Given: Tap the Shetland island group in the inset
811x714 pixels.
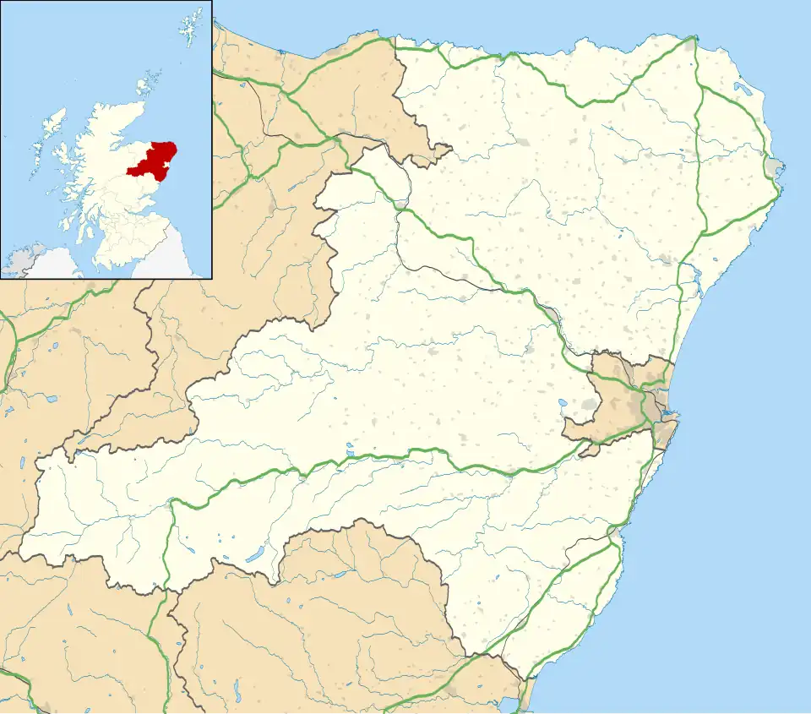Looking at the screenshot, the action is (188, 29).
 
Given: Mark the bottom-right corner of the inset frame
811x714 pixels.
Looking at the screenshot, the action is (210, 277).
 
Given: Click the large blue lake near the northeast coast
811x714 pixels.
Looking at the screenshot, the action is (743, 87).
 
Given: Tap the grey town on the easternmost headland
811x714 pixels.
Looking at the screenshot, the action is (776, 165).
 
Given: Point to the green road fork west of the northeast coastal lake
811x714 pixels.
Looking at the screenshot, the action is (698, 85).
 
